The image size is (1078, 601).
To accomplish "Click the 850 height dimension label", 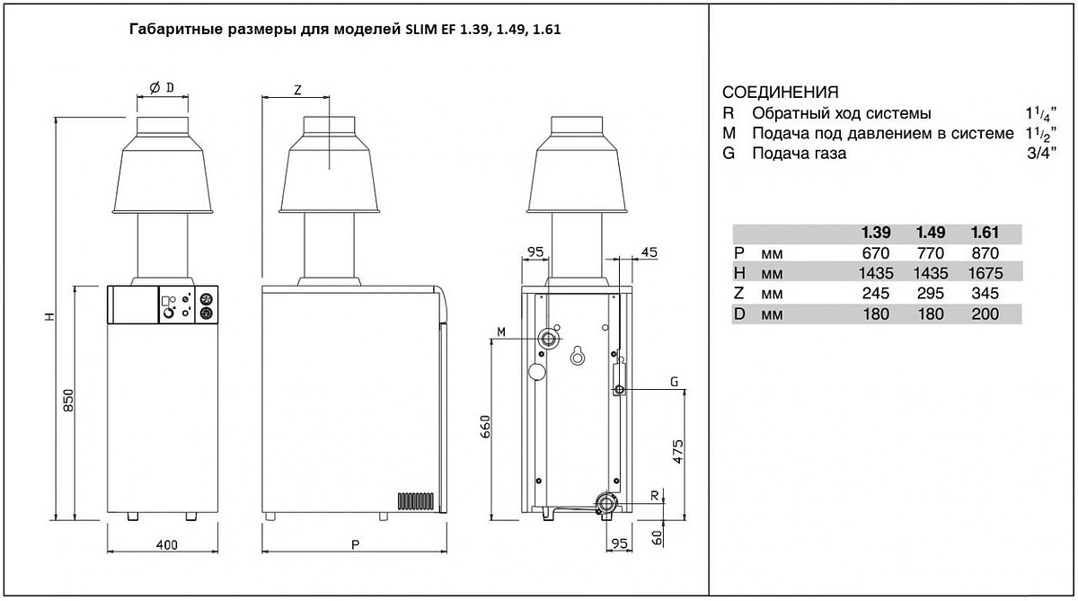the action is (68, 401).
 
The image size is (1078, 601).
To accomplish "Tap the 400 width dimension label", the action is (166, 544).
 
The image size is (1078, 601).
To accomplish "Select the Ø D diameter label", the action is (162, 87).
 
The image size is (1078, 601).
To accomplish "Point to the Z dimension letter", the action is (297, 90).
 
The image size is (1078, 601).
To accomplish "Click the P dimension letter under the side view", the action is (355, 544).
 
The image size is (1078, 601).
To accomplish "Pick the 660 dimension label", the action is (485, 427).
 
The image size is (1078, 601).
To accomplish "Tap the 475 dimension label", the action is (677, 451).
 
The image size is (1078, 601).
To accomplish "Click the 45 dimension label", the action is (649, 252).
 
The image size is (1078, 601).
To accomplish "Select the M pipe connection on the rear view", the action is (548, 339).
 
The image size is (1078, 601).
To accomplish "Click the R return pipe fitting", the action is (605, 504).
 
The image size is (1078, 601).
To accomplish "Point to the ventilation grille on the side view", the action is (416, 501).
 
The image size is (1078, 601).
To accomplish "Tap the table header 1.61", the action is (985, 233).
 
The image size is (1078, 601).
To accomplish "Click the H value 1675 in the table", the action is (985, 273).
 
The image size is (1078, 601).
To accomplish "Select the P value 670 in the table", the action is (876, 253).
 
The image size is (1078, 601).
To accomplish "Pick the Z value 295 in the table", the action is (931, 293).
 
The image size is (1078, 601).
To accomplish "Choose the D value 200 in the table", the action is (985, 314).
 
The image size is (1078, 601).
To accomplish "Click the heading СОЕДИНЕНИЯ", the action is (780, 92).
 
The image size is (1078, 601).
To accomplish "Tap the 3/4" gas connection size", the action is (1041, 153).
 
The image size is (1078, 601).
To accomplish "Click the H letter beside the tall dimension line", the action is (49, 316).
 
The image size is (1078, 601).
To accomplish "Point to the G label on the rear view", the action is (675, 382).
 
